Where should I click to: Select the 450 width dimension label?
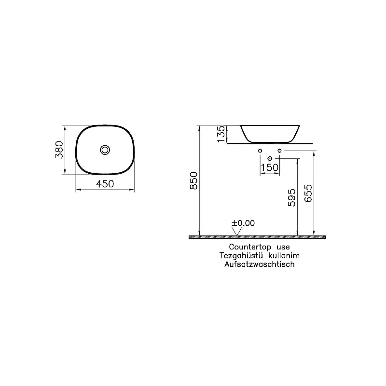[105, 184]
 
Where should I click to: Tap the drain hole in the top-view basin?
[105, 150]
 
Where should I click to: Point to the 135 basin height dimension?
[221, 134]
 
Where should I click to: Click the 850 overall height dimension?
[194, 180]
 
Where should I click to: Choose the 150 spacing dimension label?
[269, 167]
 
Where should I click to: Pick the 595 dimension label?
[292, 198]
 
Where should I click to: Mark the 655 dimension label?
[309, 194]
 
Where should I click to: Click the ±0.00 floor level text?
[243, 223]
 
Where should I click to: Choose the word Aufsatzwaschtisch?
[259, 264]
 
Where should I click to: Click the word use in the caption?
[283, 248]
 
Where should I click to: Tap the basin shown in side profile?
[271, 133]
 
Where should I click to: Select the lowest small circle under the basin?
[269, 158]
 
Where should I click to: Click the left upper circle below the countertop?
[260, 152]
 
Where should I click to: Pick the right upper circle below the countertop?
[279, 152]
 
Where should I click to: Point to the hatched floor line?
[257, 237]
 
